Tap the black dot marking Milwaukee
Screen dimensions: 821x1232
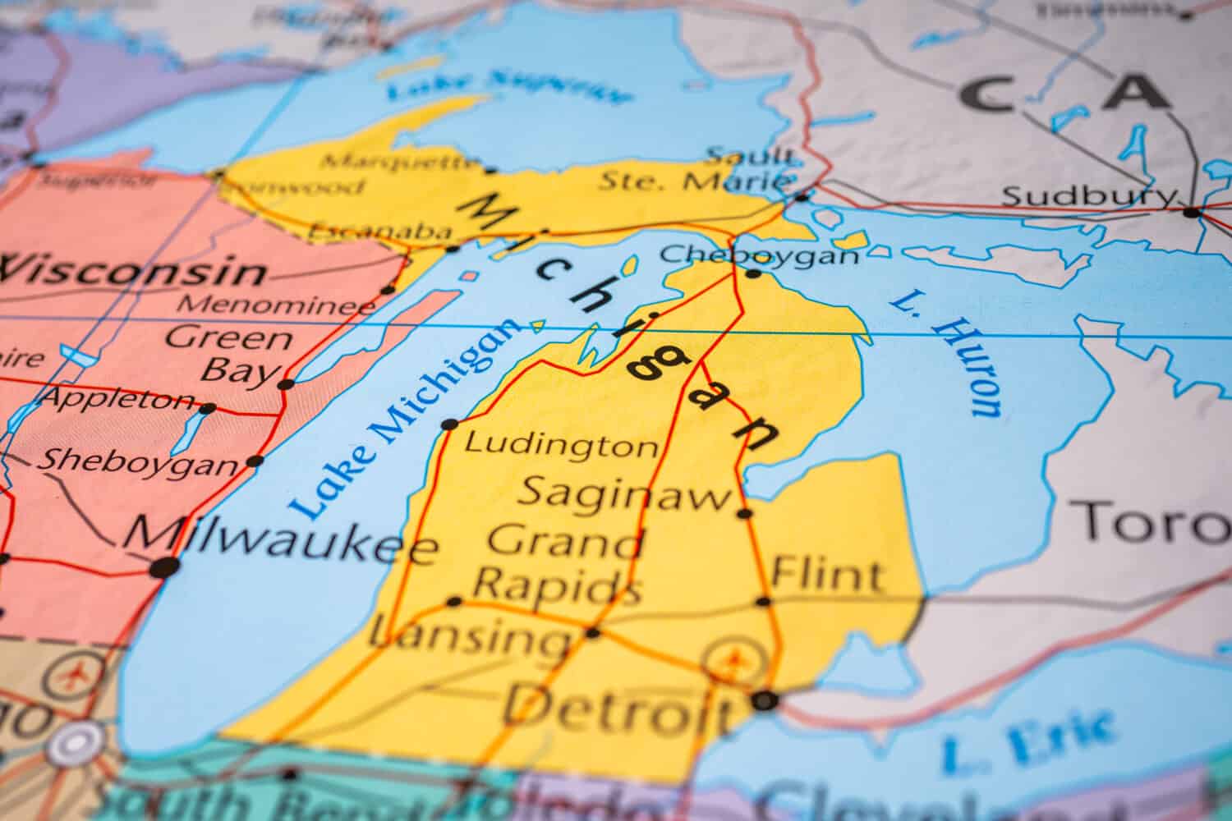pyautogui.click(x=165, y=566)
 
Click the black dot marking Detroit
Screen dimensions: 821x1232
pyautogui.click(x=765, y=700)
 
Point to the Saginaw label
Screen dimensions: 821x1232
pyautogui.click(x=626, y=493)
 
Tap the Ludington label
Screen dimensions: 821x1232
pyautogui.click(x=562, y=446)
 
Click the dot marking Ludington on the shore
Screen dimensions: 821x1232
pyautogui.click(x=449, y=424)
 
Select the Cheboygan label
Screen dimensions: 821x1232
pyautogui.click(x=759, y=255)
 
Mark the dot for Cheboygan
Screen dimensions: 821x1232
pyautogui.click(x=752, y=273)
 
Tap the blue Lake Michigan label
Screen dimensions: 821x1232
pyautogui.click(x=407, y=419)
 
